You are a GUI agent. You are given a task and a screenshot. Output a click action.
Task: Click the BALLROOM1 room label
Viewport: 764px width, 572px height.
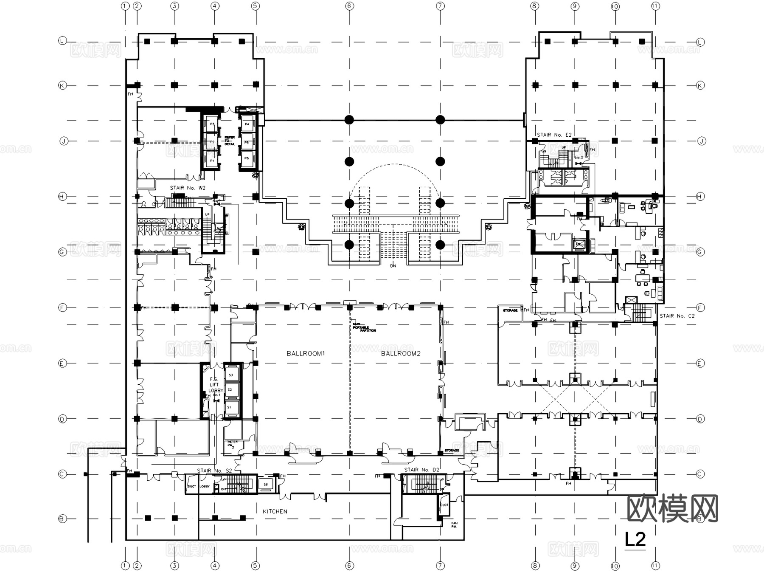pos(306,353)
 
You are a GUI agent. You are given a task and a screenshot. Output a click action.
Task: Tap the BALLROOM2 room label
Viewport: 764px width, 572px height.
pos(401,353)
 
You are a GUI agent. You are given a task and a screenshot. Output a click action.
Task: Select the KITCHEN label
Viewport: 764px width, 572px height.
pos(275,511)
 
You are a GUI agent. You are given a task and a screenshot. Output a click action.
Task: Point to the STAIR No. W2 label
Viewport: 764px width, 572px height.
pos(188,188)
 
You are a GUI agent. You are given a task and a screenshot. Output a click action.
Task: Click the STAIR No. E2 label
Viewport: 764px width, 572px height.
pos(554,135)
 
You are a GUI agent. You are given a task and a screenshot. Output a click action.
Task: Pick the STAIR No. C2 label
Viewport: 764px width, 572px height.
pos(677,316)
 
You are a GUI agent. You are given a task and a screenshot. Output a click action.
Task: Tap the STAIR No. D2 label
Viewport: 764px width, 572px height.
pos(422,470)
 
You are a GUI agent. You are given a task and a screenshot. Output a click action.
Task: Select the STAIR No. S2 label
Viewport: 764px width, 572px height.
pos(214,471)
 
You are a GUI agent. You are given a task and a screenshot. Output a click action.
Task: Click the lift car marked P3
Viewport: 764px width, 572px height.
pos(212,124)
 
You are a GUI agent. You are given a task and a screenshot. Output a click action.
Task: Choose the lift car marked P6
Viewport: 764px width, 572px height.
pos(247,158)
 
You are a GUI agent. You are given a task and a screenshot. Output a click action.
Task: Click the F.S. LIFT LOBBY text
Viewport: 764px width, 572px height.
pos(214,385)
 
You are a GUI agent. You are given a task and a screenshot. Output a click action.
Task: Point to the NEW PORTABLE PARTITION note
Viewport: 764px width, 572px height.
pos(364,327)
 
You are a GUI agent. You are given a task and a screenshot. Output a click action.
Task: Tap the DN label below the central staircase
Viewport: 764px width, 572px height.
pos(393,266)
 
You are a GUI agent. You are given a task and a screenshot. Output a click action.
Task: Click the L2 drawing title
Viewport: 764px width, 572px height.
pos(635,539)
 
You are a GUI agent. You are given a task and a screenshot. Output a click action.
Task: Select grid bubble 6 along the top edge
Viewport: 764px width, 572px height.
pos(349,6)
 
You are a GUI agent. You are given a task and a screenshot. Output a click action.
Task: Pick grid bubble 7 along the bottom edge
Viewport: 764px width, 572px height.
pos(440,566)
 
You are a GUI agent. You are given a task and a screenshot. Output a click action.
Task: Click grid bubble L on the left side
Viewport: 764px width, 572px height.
pos(62,41)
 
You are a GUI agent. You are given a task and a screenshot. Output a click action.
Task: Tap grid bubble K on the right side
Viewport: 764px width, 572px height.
pos(700,85)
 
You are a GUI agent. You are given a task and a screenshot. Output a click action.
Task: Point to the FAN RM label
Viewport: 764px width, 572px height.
pos(454,525)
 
